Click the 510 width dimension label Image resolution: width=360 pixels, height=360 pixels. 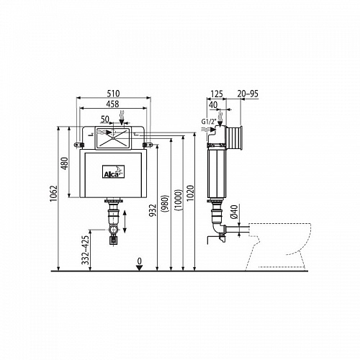[113, 93]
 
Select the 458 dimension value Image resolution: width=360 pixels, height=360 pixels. [112, 104]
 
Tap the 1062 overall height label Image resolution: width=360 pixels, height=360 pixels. [54, 194]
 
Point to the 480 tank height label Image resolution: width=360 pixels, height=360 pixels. [65, 163]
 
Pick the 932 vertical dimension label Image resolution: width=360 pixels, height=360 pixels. [153, 210]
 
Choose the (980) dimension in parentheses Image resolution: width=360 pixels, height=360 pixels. [165, 203]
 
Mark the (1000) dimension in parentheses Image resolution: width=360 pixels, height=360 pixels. [179, 200]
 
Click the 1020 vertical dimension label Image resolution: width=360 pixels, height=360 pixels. [190, 193]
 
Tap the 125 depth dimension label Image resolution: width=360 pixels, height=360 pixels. [217, 94]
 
